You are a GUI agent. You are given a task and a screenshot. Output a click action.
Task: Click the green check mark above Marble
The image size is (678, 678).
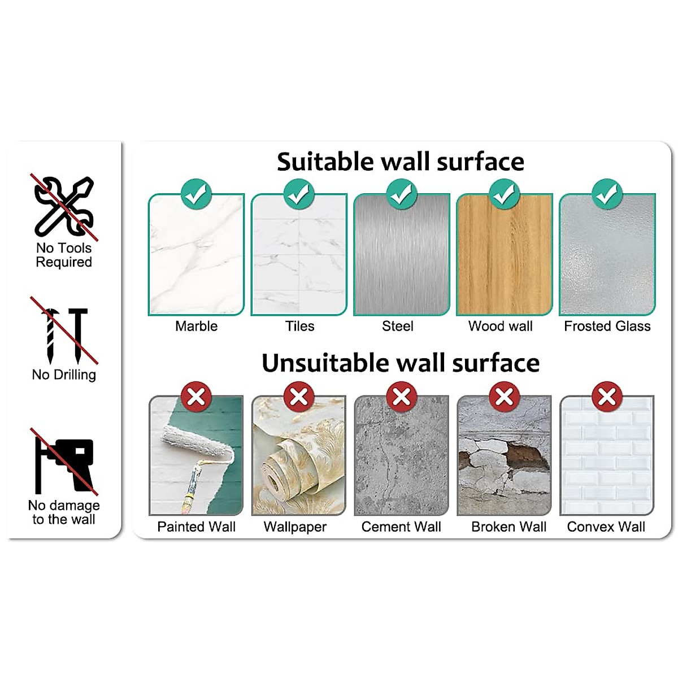click(x=196, y=194)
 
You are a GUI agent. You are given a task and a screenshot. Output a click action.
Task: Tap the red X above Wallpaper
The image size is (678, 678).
click(x=298, y=396)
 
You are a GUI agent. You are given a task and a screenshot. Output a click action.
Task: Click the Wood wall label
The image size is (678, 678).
click(x=500, y=326)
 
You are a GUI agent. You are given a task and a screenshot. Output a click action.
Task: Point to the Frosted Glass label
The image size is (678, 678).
click(x=607, y=326)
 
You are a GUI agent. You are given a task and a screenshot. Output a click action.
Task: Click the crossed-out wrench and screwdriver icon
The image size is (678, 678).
click(x=64, y=206)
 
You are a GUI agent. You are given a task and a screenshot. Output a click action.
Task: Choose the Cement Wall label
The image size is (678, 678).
click(x=401, y=527)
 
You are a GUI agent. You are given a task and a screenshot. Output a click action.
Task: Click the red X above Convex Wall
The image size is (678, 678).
click(x=607, y=396)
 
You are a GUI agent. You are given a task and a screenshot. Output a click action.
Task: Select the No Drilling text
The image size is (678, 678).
click(x=64, y=375)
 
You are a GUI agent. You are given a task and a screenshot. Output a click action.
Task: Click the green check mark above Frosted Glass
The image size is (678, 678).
click(x=607, y=194)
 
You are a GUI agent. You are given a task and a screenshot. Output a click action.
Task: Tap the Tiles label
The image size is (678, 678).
click(x=299, y=326)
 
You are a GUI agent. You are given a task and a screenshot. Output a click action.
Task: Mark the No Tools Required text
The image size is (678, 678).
click(x=64, y=255)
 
